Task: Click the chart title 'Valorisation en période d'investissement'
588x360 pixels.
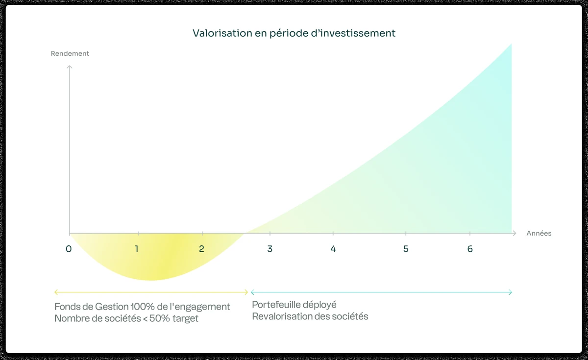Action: (294, 33)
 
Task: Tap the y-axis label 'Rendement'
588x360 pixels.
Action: (70, 53)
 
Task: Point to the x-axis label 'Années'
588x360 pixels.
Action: (539, 233)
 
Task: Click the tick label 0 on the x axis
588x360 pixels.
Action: (69, 249)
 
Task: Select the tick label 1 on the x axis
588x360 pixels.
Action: (137, 249)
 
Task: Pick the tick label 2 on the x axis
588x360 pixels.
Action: (201, 249)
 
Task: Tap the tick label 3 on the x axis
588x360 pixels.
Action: (270, 249)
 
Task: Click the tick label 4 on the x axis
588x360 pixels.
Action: (333, 249)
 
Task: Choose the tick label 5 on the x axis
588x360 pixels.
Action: (406, 249)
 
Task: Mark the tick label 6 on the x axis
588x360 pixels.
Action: (470, 249)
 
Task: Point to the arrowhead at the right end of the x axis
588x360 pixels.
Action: (514, 234)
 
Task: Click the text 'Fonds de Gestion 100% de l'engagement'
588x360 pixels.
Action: (142, 307)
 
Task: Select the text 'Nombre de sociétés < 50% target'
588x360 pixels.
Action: (126, 318)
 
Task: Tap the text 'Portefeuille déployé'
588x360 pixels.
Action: (294, 305)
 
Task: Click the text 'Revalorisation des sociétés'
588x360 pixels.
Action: (310, 316)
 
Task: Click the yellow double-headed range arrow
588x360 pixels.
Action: (151, 292)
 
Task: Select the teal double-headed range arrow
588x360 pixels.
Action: (381, 292)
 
